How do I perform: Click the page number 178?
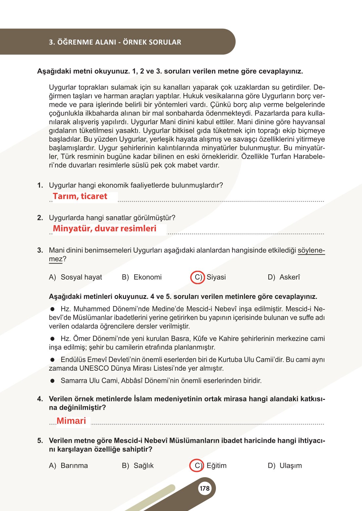tap(204, 488)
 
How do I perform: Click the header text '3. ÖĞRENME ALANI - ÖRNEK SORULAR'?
tap(115, 42)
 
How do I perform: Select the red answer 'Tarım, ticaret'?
tap(80, 196)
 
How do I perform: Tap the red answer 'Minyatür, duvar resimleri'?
tap(105, 228)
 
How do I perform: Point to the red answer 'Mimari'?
tap(71, 421)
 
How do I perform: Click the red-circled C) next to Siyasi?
tap(197, 277)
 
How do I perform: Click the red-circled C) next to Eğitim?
tap(197, 466)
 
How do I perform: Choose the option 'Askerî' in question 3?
tap(290, 277)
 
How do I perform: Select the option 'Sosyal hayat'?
tap(81, 277)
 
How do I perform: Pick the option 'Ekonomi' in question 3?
tap(147, 277)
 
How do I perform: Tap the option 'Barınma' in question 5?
tap(74, 466)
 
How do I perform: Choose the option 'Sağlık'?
tap(143, 466)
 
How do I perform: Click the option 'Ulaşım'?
tap(291, 466)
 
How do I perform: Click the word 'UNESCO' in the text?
tap(94, 368)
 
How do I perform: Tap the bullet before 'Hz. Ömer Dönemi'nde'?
tap(52, 339)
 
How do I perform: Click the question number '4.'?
tap(40, 399)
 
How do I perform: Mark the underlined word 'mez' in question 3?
tap(55, 259)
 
